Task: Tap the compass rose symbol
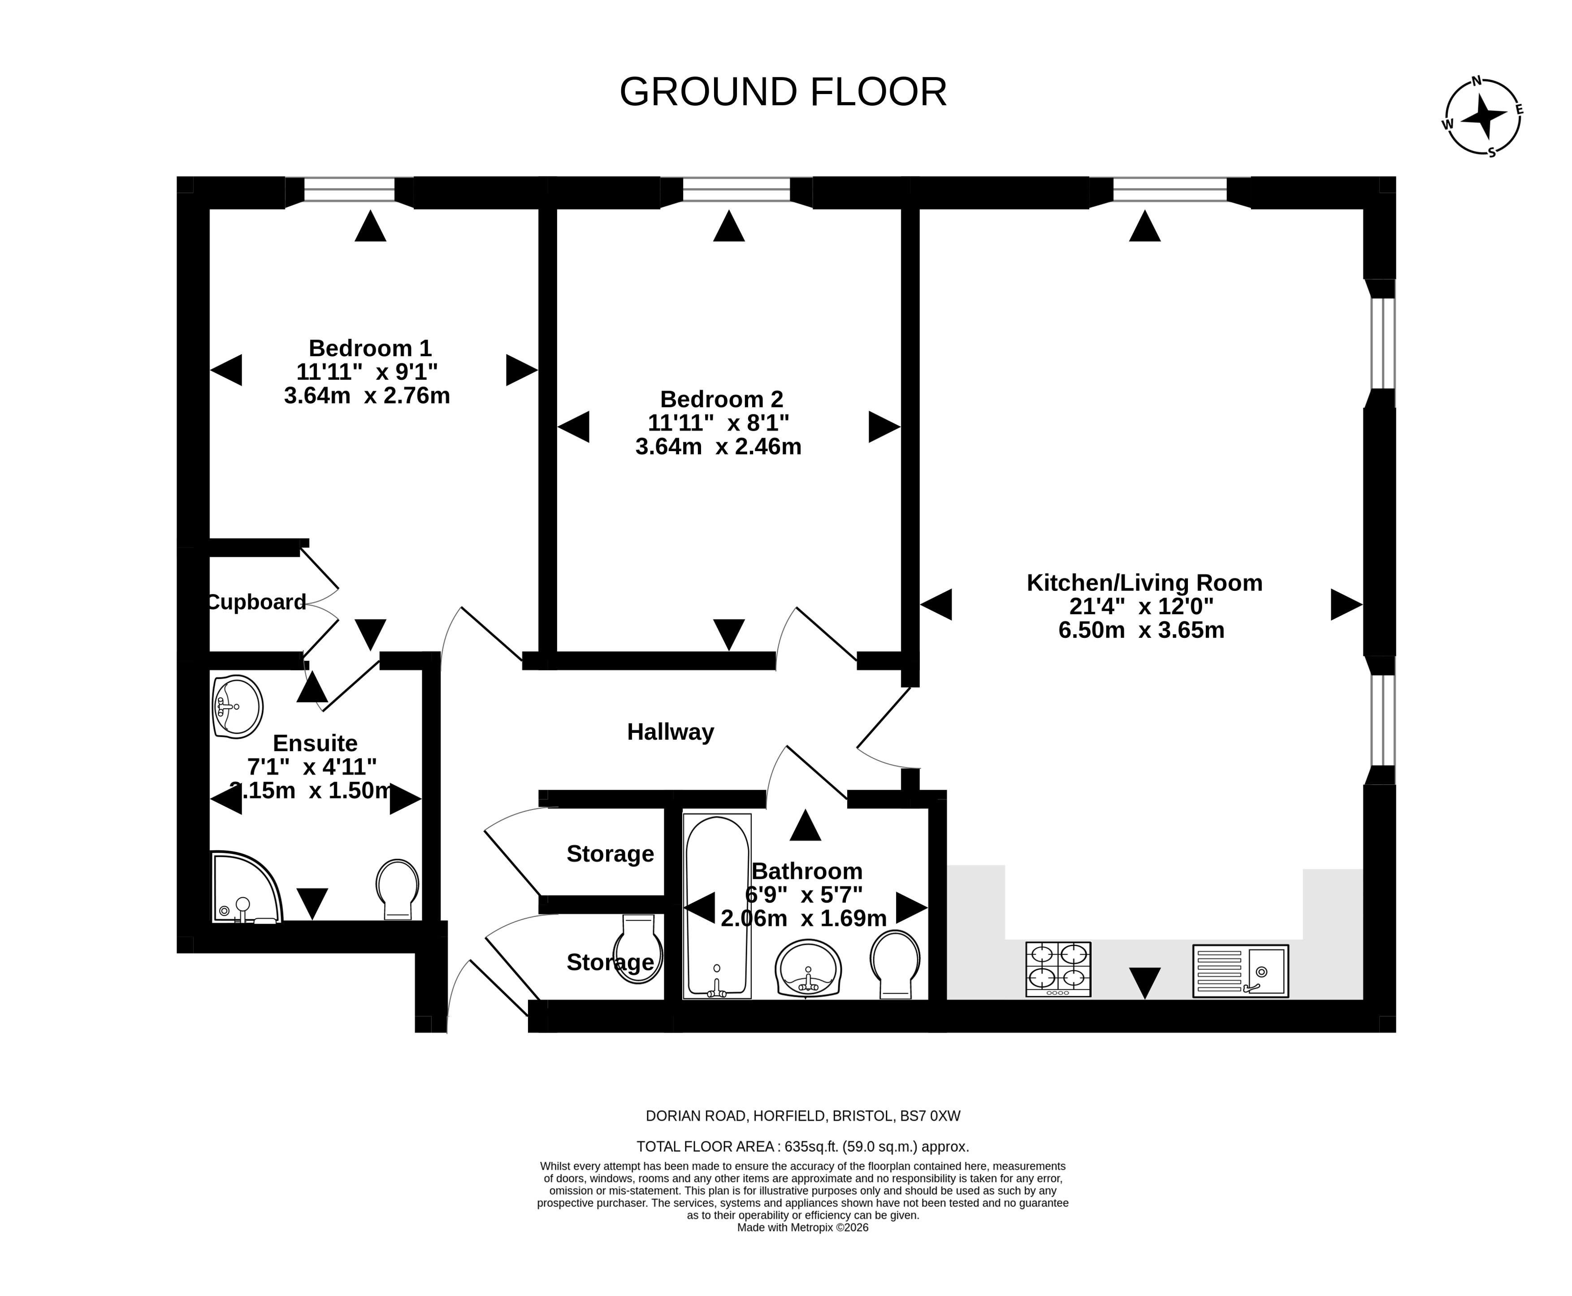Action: pyautogui.click(x=1482, y=117)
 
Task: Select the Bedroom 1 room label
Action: pyautogui.click(x=370, y=348)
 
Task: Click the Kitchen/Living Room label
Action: pyautogui.click(x=1144, y=582)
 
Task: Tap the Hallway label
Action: pyautogui.click(x=670, y=732)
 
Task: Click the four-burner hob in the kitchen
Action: pyautogui.click(x=1058, y=969)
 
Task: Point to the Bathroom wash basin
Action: pyautogui.click(x=808, y=968)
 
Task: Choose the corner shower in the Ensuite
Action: pyautogui.click(x=247, y=887)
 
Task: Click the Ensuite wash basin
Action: pyautogui.click(x=238, y=706)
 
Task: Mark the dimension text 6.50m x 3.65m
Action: pyautogui.click(x=1141, y=630)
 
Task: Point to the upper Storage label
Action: pyautogui.click(x=610, y=853)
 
